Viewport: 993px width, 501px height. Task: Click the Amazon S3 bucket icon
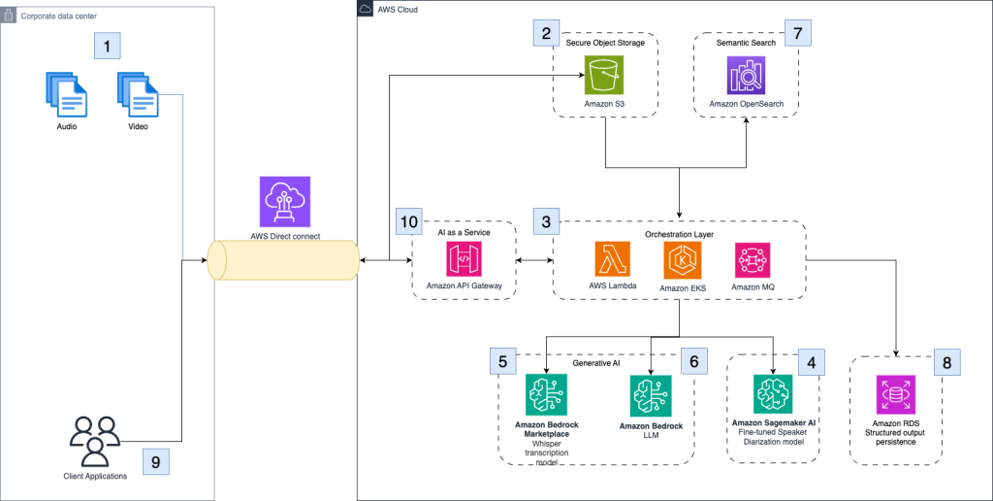604,74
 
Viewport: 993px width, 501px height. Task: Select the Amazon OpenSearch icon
746,75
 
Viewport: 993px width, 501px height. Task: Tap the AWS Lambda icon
612,261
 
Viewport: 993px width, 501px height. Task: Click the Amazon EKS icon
683,261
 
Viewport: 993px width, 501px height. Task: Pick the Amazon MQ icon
752,261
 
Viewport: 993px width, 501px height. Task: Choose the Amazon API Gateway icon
464,261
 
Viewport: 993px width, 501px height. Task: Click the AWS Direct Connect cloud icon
285,201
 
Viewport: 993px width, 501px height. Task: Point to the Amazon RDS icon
895,396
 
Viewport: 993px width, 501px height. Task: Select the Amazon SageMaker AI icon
773,394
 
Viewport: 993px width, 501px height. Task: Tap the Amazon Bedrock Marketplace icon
546,396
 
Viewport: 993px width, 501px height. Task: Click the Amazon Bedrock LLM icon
650,396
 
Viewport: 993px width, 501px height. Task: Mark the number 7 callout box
797,32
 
